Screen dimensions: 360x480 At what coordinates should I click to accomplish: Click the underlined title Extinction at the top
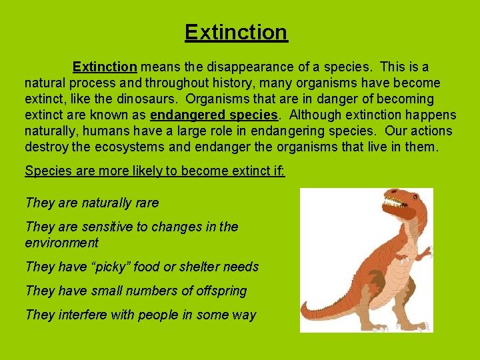click(x=236, y=32)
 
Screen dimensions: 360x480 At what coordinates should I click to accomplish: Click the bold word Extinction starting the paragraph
click(x=105, y=67)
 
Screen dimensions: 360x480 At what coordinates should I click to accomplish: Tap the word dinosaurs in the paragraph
click(x=151, y=99)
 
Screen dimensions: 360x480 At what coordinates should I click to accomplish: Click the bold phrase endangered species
click(x=214, y=115)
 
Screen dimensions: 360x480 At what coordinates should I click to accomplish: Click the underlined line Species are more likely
click(x=155, y=171)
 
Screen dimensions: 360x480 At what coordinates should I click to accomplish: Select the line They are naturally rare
click(x=92, y=203)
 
